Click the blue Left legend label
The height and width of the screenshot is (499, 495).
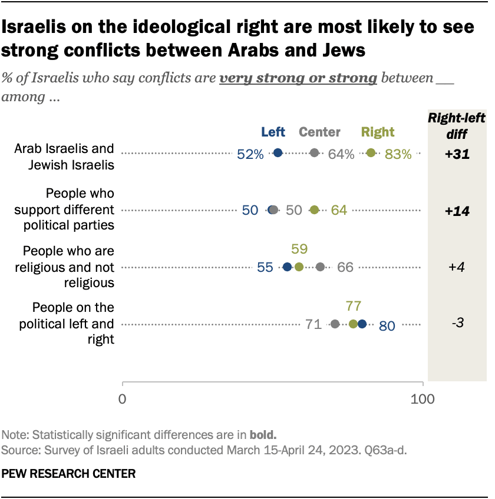tap(273, 132)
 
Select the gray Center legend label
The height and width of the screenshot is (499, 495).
tap(320, 132)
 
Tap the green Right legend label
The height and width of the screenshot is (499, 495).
tap(377, 132)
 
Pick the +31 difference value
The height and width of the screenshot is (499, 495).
tap(457, 154)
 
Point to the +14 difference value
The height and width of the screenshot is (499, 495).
tap(457, 211)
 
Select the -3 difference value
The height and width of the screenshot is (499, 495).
tap(457, 324)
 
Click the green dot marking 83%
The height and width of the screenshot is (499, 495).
tap(371, 153)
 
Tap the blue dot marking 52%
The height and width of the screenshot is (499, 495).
tap(278, 153)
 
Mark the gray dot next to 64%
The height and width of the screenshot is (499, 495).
tap(315, 153)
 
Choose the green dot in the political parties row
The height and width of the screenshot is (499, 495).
tap(314, 210)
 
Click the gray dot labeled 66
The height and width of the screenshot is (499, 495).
tap(320, 267)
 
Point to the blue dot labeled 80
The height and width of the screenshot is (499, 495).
tap(362, 324)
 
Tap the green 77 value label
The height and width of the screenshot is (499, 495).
tap(354, 305)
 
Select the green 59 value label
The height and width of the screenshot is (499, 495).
tap(299, 248)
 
